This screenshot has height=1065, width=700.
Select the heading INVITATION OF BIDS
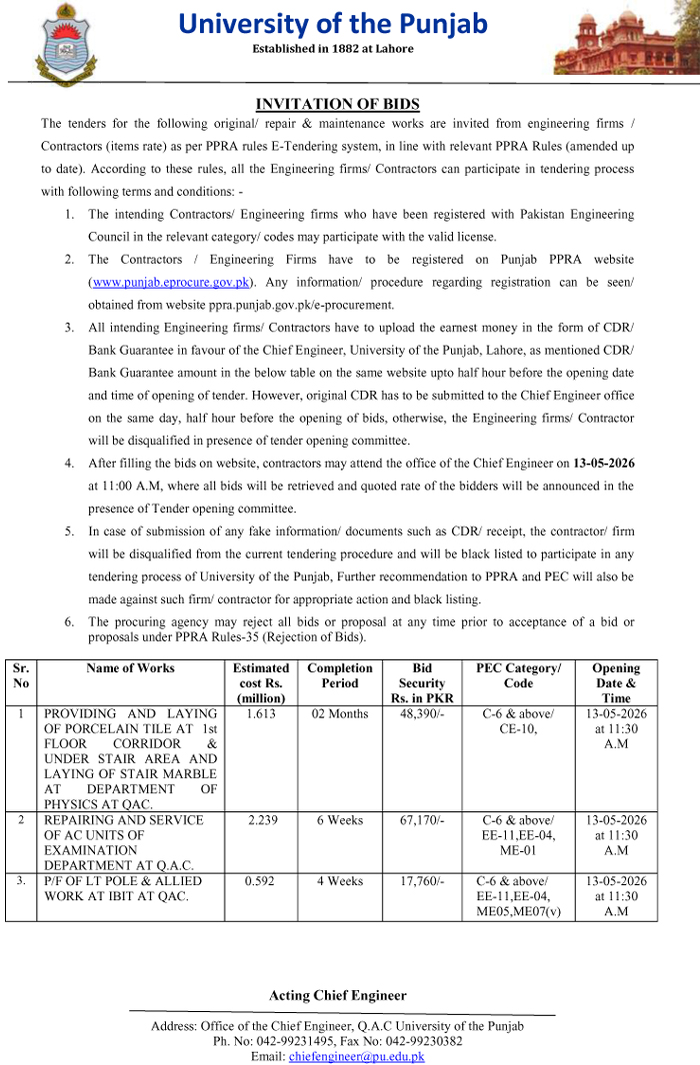point(337,104)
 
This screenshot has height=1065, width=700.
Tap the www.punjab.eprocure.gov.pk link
point(168,283)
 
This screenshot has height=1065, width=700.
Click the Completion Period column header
point(339,676)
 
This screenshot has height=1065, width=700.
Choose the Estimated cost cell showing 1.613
point(261,714)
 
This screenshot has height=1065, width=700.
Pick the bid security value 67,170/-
point(421,820)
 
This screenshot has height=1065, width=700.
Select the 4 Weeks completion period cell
point(339,881)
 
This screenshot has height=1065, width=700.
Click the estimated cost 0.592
point(261,881)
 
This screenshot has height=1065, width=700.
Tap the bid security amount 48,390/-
point(421,714)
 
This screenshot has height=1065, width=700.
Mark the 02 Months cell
point(339,714)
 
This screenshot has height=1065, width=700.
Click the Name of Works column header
point(130,668)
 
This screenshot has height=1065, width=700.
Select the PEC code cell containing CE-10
point(518,721)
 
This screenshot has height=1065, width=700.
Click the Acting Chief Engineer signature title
point(338,995)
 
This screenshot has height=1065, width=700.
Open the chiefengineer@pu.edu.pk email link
point(356,1056)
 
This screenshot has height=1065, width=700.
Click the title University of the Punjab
point(333,23)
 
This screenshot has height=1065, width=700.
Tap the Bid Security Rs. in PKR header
point(421,683)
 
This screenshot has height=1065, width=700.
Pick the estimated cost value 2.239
point(261,820)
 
